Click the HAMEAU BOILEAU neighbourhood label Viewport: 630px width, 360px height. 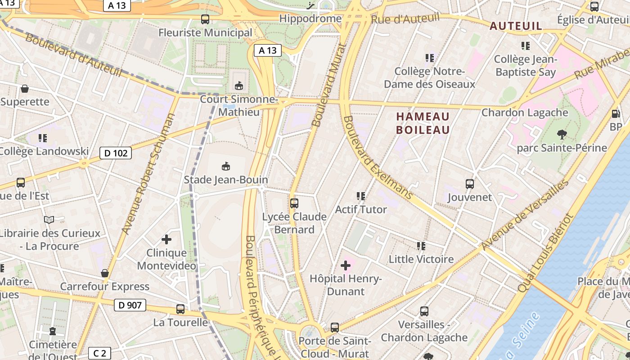(423, 123)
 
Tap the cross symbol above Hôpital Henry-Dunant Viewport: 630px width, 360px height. (346, 265)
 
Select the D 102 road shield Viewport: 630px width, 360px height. (116, 153)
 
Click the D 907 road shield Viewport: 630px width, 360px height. (130, 305)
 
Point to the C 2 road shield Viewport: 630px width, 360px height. (99, 353)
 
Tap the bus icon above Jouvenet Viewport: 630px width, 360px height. (470, 184)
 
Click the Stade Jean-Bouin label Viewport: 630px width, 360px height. (226, 180)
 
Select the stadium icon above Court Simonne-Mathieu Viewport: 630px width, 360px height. (238, 85)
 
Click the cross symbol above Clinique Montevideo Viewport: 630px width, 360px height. (166, 239)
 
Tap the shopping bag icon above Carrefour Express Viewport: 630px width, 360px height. (105, 273)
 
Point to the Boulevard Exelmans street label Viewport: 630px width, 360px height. (378, 157)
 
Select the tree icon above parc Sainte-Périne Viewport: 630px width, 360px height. (562, 134)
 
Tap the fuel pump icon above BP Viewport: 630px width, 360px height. (616, 114)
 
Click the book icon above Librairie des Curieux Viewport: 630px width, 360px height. (49, 220)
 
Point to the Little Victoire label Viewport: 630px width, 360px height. (421, 259)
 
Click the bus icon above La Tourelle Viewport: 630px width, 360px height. (180, 309)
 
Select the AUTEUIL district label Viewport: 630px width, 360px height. (516, 26)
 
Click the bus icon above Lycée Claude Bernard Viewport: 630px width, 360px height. (294, 203)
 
